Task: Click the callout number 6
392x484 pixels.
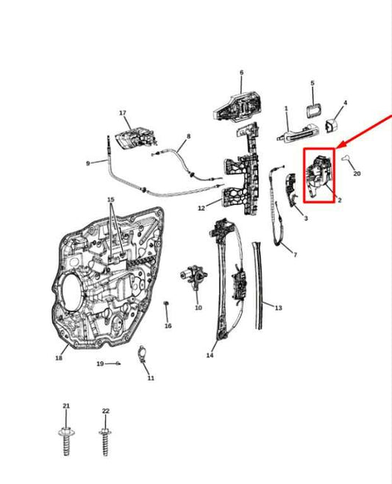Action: coord(241,73)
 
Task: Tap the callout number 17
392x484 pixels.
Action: coord(123,113)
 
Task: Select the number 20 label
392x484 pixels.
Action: coord(357,173)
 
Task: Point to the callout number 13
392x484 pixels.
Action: coord(278,308)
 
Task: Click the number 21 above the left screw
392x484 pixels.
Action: coord(66,406)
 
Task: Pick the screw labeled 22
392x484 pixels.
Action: coord(105,441)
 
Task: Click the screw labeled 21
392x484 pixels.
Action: coord(66,441)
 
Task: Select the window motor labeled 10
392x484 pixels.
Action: coord(193,276)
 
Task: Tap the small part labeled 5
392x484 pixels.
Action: coord(313,110)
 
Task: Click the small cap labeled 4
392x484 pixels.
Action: coord(331,126)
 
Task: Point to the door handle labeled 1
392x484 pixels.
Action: coord(298,134)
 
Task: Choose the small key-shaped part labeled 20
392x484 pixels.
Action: coord(346,158)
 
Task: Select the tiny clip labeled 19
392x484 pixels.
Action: coord(118,364)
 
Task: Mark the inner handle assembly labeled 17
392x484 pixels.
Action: coord(135,137)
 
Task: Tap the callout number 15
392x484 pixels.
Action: coord(110,200)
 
